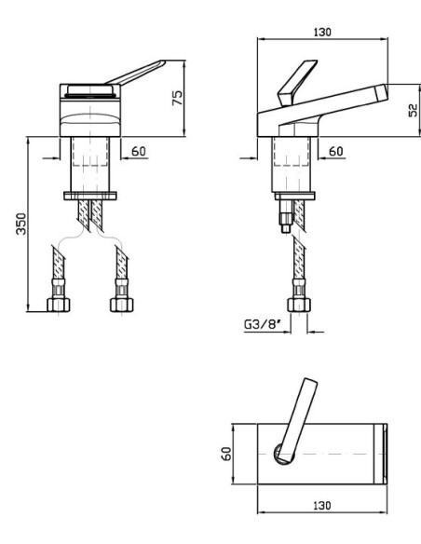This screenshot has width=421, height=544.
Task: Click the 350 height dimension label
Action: (x=21, y=224)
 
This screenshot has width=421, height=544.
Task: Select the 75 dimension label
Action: (x=177, y=98)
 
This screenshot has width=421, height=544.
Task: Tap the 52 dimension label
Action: (x=413, y=110)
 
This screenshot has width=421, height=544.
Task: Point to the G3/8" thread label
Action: (x=262, y=324)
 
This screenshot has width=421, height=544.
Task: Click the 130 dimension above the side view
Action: (x=322, y=32)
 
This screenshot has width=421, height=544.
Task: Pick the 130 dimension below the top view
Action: (x=322, y=506)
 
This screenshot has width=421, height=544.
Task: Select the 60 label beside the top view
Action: (x=226, y=454)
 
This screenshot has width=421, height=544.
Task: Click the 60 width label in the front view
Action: (x=139, y=151)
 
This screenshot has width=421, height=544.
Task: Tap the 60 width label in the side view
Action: (x=335, y=151)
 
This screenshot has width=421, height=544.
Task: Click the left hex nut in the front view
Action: (x=59, y=305)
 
